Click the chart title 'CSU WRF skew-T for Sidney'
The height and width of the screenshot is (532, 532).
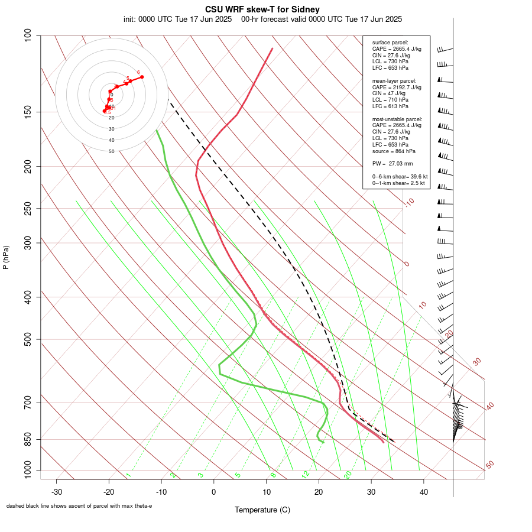point(262,9)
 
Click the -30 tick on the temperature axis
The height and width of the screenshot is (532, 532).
point(57,492)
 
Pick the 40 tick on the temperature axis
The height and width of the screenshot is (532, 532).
point(424,492)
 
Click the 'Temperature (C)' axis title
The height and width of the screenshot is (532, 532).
point(262,510)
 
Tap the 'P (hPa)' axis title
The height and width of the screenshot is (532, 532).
point(6,257)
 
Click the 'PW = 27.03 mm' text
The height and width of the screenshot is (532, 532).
point(392,163)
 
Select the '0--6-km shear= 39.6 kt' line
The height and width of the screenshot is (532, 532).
point(400,177)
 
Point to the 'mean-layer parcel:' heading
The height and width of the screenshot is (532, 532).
point(394,80)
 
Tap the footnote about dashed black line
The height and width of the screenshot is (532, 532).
point(79,506)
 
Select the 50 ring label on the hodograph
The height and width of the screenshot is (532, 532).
point(111,151)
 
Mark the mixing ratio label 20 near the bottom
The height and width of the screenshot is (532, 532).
point(348,474)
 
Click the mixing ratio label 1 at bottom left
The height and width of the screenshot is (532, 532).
point(128,475)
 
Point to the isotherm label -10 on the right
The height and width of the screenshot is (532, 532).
point(409,203)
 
